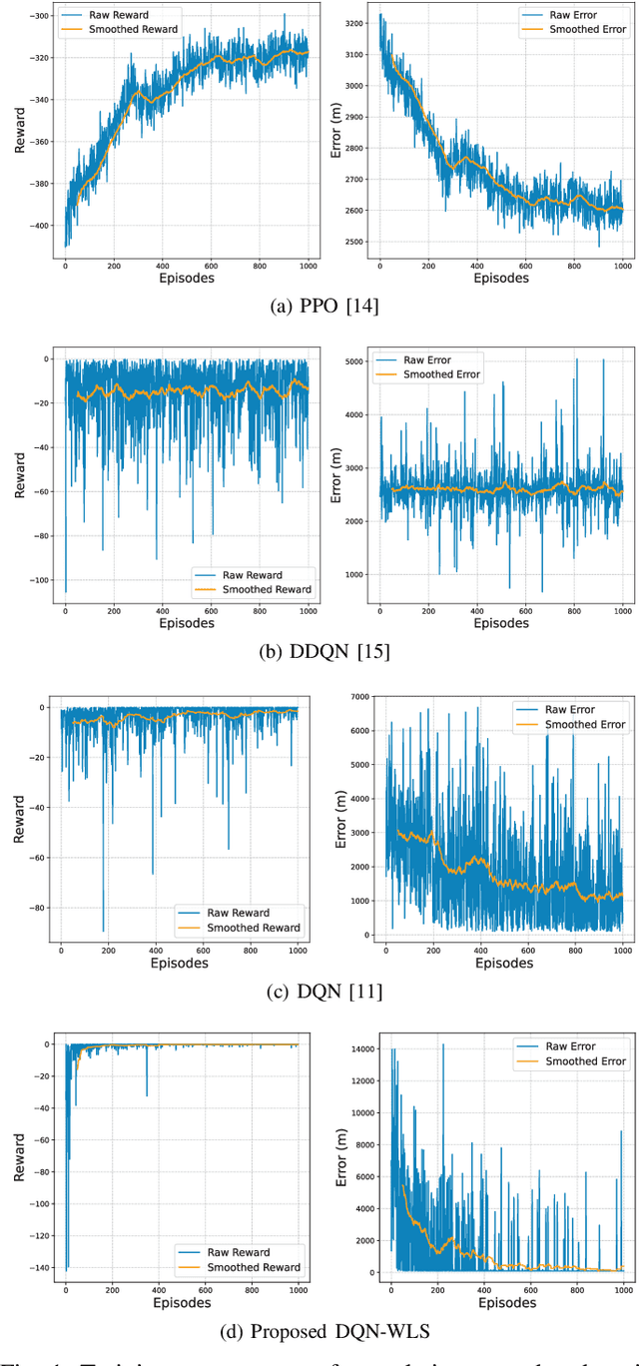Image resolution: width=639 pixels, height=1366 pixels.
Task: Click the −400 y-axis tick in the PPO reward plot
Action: [x=41, y=226]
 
